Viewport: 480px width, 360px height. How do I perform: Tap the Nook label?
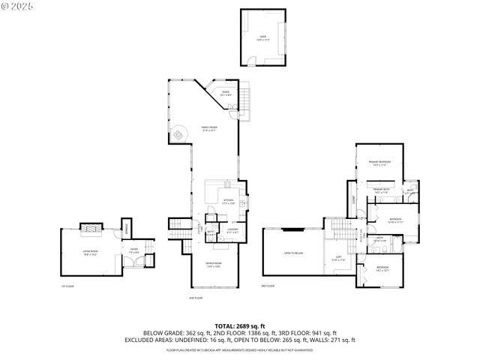(x=225, y=93)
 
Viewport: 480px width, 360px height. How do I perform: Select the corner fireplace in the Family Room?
(x=180, y=135)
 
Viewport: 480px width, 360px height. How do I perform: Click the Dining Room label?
(x=213, y=264)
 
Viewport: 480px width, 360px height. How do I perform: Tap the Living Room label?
(x=91, y=254)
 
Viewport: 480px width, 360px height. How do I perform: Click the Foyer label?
(x=134, y=252)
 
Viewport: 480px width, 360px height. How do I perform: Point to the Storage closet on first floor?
(x=127, y=228)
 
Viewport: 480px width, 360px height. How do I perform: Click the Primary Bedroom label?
(x=379, y=163)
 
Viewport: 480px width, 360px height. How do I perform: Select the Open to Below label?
(x=293, y=253)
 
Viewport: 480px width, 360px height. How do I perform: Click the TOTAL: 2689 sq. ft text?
(x=240, y=326)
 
